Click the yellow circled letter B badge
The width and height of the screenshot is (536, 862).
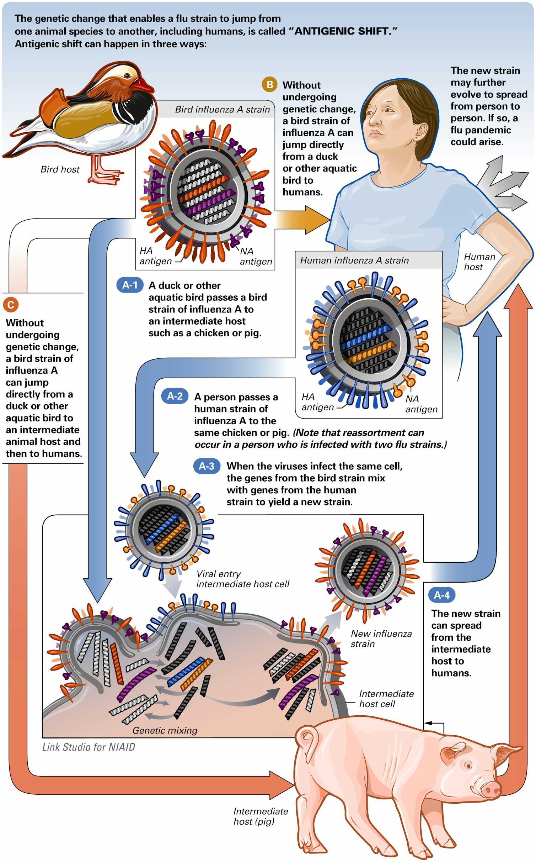(270, 85)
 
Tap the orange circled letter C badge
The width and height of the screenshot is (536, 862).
(11, 305)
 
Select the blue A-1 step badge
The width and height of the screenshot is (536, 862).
(130, 285)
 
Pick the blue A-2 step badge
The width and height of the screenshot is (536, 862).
(175, 396)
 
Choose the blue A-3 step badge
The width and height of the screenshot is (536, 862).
(207, 466)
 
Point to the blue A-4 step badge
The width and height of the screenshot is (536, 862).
(442, 595)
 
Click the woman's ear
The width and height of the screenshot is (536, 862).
(421, 131)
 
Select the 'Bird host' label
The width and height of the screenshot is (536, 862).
(60, 169)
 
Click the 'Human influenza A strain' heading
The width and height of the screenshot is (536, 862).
(354, 261)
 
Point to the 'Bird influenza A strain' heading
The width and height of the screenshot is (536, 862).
(222, 110)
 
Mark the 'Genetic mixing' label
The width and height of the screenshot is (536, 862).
(165, 730)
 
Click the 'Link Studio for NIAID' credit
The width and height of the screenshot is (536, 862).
(89, 747)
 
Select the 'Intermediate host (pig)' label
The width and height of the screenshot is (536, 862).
(260, 816)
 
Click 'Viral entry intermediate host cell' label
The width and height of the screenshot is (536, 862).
(242, 579)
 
